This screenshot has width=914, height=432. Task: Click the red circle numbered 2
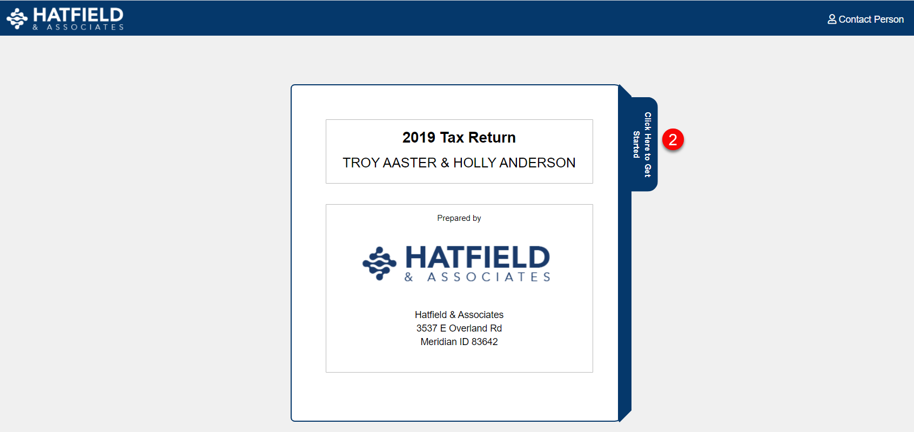673,139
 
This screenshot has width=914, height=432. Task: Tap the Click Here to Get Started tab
644,144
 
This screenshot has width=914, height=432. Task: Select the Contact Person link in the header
865,19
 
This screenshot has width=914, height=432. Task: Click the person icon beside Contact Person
831,19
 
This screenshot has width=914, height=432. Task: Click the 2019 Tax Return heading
459,138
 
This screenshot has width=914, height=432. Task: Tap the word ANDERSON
537,163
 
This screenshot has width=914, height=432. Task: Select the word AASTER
409,163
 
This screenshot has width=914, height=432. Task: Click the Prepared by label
459,218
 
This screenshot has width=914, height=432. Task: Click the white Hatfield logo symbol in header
17,19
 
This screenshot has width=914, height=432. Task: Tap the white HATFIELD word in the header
78,15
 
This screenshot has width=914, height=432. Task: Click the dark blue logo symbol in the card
379,263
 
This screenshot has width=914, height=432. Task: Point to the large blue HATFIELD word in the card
478,258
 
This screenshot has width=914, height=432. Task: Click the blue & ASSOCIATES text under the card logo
478,278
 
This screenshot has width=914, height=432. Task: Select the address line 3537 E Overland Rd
459,328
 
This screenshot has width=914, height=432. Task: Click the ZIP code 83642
485,342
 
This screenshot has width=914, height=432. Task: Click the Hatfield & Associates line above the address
459,315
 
